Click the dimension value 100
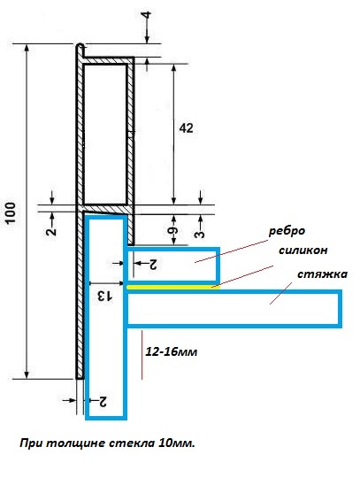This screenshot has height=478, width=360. [x=11, y=212]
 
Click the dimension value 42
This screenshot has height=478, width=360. [x=186, y=128]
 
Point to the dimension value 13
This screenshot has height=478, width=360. [x=104, y=296]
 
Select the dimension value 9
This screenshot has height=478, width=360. [x=172, y=230]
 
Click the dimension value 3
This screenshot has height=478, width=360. [x=200, y=234]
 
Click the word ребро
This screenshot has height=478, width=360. [x=287, y=231]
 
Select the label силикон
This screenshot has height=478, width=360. [x=303, y=251]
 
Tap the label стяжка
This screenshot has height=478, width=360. [x=322, y=274]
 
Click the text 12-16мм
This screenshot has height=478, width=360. [x=172, y=351]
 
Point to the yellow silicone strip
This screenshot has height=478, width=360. [x=172, y=287]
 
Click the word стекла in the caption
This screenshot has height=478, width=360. [x=132, y=443]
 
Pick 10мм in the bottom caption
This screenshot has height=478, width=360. [x=176, y=443]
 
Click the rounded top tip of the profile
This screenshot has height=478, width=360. [x=80, y=45]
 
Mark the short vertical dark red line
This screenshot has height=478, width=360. [x=142, y=355]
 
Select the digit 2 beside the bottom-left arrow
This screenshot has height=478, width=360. [x=103, y=402]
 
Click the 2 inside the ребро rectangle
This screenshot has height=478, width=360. [x=152, y=265]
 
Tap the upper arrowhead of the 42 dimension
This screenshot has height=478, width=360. [x=173, y=67]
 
